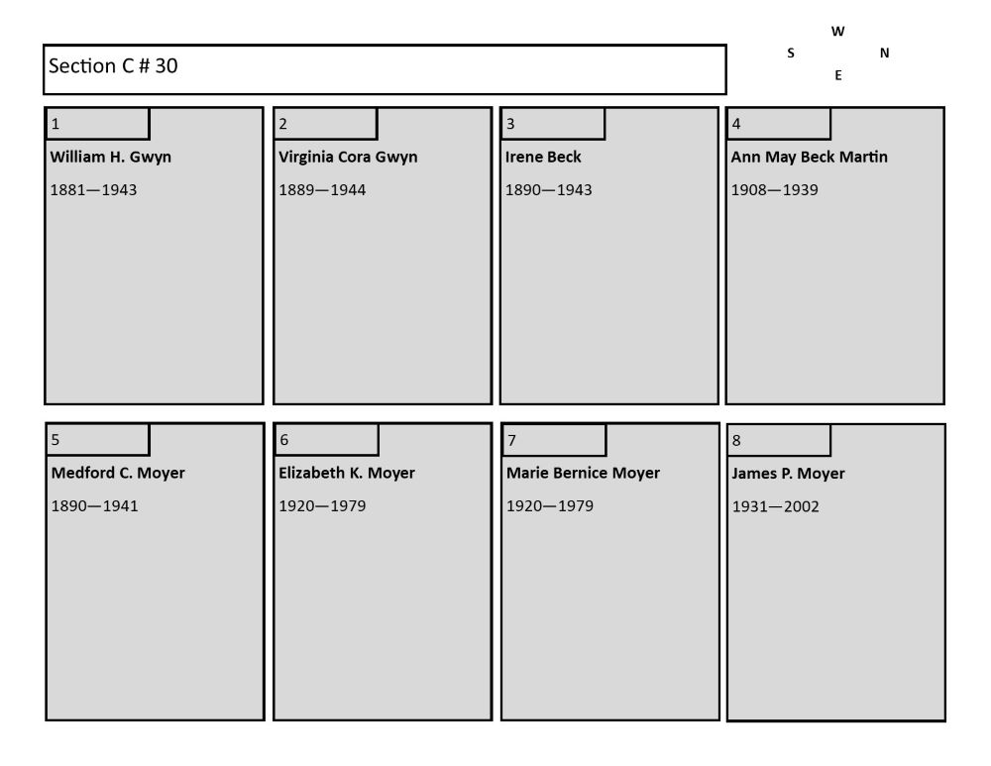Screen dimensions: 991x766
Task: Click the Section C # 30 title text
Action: (113, 65)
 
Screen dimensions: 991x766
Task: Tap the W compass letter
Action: (838, 32)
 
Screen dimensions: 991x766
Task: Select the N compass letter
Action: (885, 54)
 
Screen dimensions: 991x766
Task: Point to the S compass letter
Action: (791, 54)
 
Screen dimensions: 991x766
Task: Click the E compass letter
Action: (838, 75)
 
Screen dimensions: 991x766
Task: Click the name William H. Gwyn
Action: (111, 157)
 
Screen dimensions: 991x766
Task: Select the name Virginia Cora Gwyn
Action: (348, 157)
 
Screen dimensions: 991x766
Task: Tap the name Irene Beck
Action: (543, 157)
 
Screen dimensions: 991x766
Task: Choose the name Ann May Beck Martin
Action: (810, 157)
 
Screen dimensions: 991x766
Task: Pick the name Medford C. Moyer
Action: (118, 473)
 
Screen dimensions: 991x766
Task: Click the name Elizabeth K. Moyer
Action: (347, 473)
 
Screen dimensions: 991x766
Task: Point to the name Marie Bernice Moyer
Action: (584, 473)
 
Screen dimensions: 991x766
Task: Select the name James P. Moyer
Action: (788, 474)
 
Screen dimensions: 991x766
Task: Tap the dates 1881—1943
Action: (93, 190)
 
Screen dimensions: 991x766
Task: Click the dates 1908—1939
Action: (775, 190)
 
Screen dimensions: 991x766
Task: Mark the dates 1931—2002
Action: (776, 507)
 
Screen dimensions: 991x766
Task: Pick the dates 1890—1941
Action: (95, 506)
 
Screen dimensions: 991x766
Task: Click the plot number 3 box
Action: (553, 123)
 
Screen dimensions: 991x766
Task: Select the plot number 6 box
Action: (326, 439)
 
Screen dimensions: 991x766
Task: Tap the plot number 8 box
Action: (779, 440)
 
